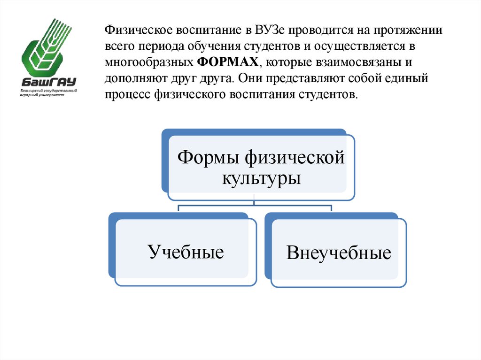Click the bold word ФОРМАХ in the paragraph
[228, 62]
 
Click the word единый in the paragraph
[406, 78]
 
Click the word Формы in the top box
[208, 157]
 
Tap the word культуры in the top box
[261, 178]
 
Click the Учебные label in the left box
[186, 252]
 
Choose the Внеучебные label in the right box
[339, 253]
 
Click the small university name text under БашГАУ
[49, 92]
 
